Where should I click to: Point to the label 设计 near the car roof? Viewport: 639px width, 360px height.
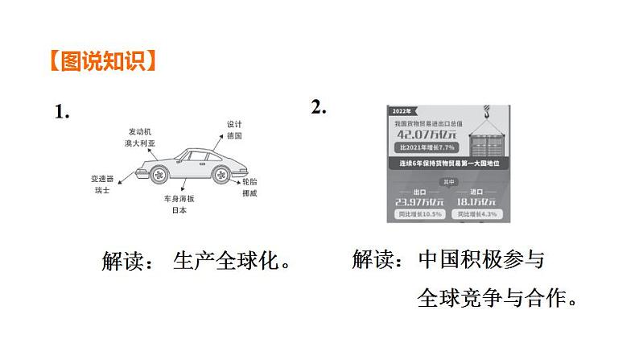point(234,125)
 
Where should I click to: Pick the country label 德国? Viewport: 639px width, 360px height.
point(234,137)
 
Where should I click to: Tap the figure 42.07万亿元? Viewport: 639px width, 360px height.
point(427,134)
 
